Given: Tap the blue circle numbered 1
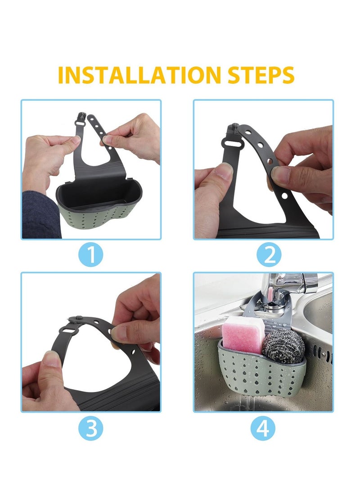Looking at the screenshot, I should (91, 255).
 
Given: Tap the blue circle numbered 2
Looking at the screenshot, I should (269, 255).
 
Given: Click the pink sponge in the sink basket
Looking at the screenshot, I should (243, 333).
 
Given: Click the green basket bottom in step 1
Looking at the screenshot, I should (99, 218).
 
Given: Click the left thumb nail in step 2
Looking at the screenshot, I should (224, 171).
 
